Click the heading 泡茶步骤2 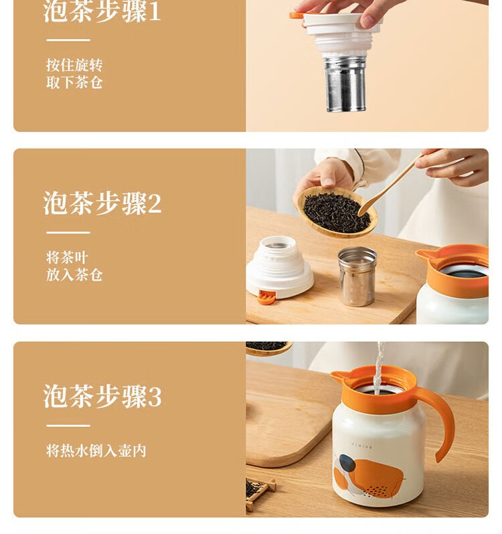click(x=102, y=203)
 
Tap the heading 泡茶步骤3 click(x=102, y=396)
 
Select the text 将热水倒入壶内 click(x=96, y=450)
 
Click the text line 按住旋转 click(x=74, y=65)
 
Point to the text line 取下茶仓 click(x=74, y=82)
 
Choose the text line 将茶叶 click(x=67, y=258)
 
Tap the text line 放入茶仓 click(x=74, y=275)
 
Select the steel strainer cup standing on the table click(x=357, y=276)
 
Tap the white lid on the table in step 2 click(x=280, y=268)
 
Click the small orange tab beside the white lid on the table click(x=266, y=297)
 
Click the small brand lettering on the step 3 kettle click(x=361, y=446)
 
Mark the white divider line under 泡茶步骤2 click(x=68, y=233)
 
